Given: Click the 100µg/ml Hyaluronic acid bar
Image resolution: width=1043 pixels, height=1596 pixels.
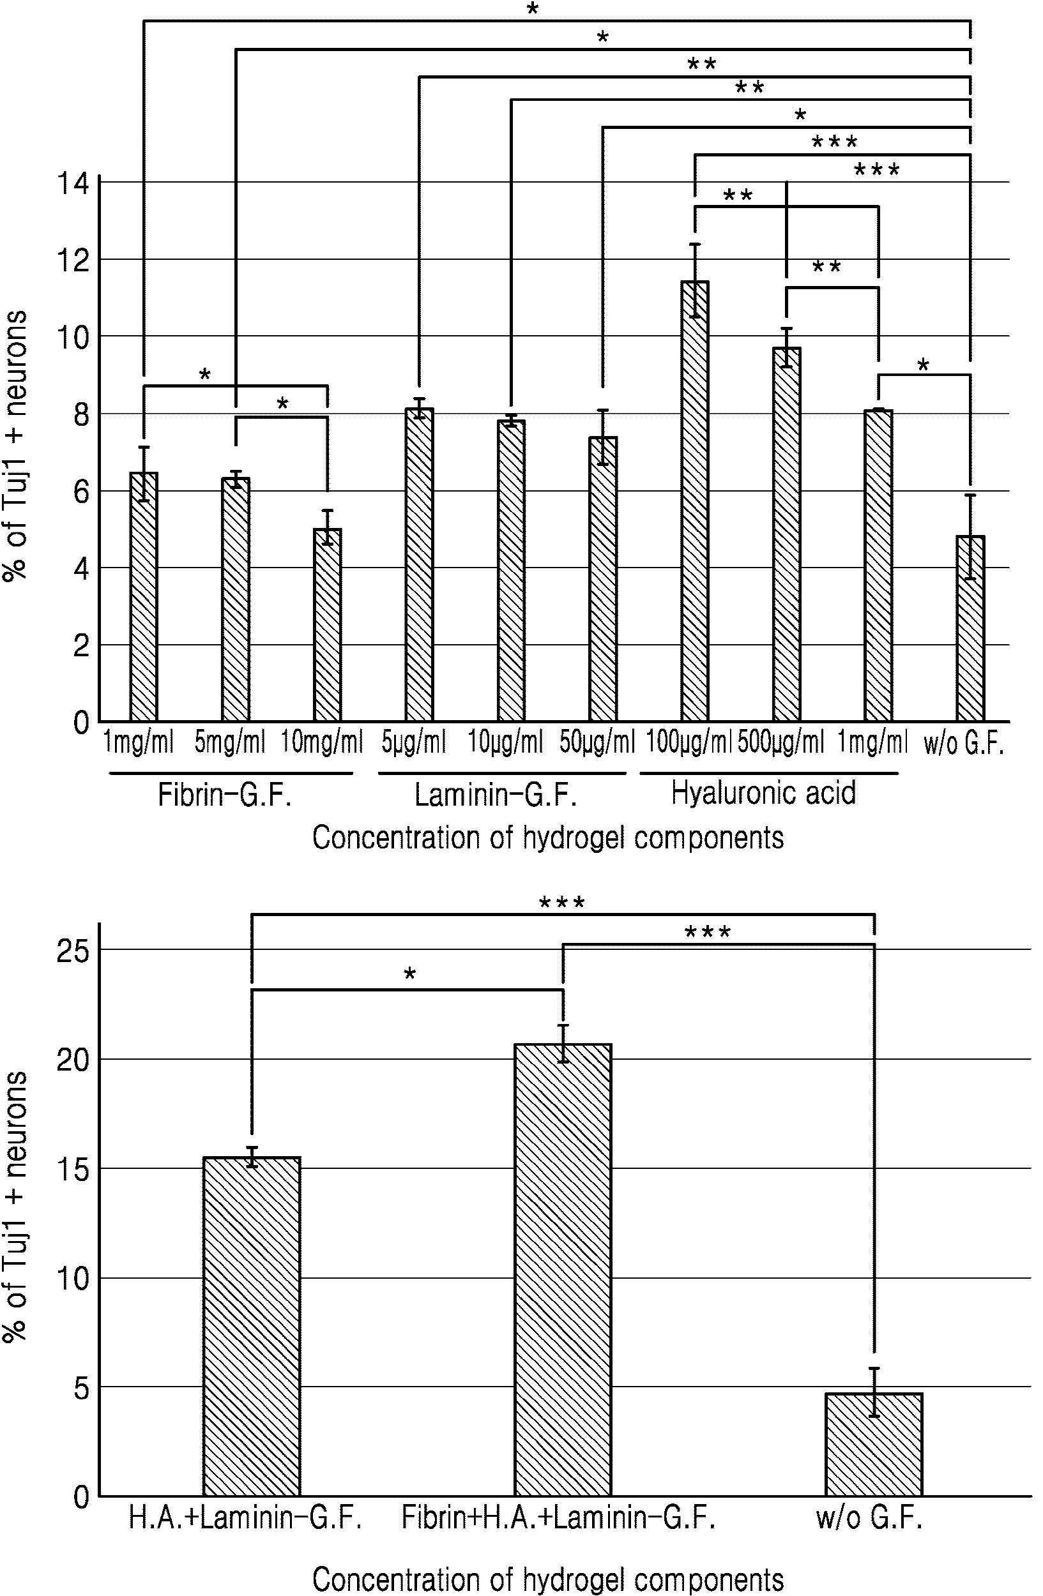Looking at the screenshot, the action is (x=695, y=501).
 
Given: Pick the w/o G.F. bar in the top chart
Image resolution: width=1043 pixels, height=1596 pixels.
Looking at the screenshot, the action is (x=971, y=628).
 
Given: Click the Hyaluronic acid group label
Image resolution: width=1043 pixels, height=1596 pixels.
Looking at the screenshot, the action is (x=763, y=794).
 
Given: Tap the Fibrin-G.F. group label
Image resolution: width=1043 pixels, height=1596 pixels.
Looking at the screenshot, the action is (x=225, y=796).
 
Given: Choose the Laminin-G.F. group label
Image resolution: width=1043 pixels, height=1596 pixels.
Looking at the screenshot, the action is (x=496, y=796).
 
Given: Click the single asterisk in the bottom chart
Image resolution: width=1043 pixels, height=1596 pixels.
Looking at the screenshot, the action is (x=410, y=974).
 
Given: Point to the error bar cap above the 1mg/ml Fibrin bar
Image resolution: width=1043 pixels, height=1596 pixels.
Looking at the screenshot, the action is (x=144, y=448).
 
